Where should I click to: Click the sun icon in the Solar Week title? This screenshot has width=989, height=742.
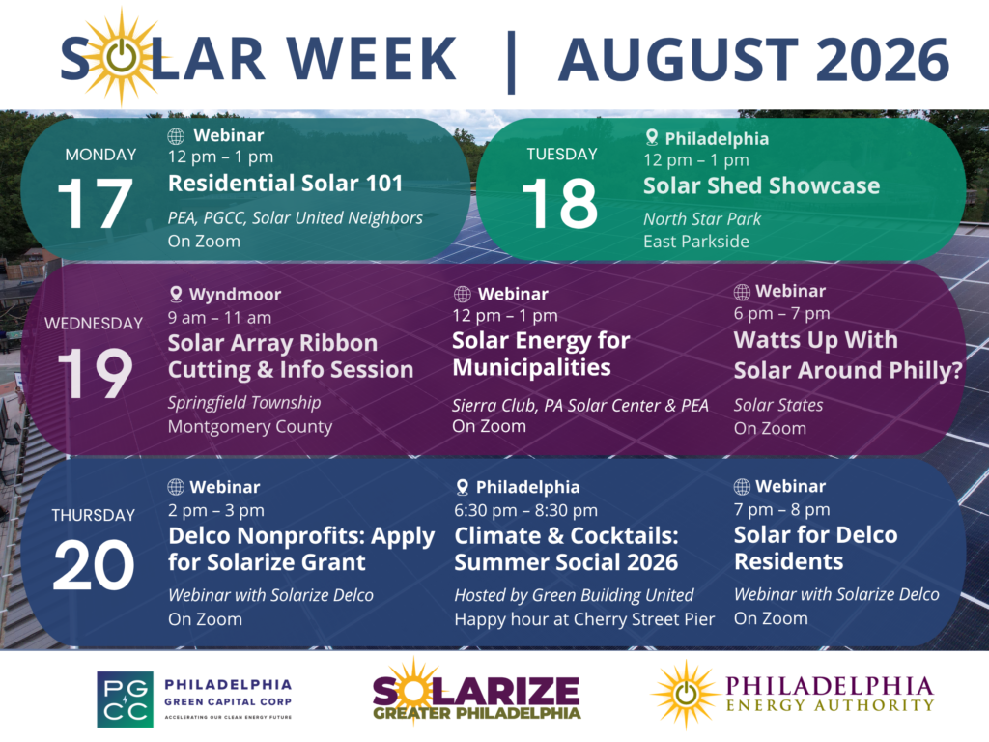pos(120,57)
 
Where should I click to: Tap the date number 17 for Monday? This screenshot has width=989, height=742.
pos(95,203)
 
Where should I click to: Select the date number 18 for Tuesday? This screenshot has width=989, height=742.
pos(559,203)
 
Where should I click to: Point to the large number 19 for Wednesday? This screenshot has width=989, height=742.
pos(95,373)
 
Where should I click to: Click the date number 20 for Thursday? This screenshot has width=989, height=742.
pos(94,564)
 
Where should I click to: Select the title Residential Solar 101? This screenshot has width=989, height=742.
pos(285,183)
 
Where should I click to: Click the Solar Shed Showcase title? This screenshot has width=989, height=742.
pos(761,185)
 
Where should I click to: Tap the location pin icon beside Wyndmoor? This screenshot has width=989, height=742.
pos(176,294)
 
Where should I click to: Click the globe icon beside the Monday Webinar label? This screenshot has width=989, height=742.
pos(176,135)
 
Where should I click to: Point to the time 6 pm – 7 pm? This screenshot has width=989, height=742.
pos(781,313)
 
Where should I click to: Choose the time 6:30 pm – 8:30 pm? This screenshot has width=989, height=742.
pos(525,510)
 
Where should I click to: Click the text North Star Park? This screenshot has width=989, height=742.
pos(702,219)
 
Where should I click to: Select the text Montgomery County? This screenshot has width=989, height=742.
pos(250,426)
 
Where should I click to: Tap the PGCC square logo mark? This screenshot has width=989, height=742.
pos(125,699)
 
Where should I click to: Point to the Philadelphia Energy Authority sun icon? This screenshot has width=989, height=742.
pos(685,694)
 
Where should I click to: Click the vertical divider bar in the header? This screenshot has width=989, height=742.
pos(511,62)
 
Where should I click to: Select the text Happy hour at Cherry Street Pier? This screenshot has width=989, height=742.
pos(584,619)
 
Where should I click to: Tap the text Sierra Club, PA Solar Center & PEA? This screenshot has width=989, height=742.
pos(580,405)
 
